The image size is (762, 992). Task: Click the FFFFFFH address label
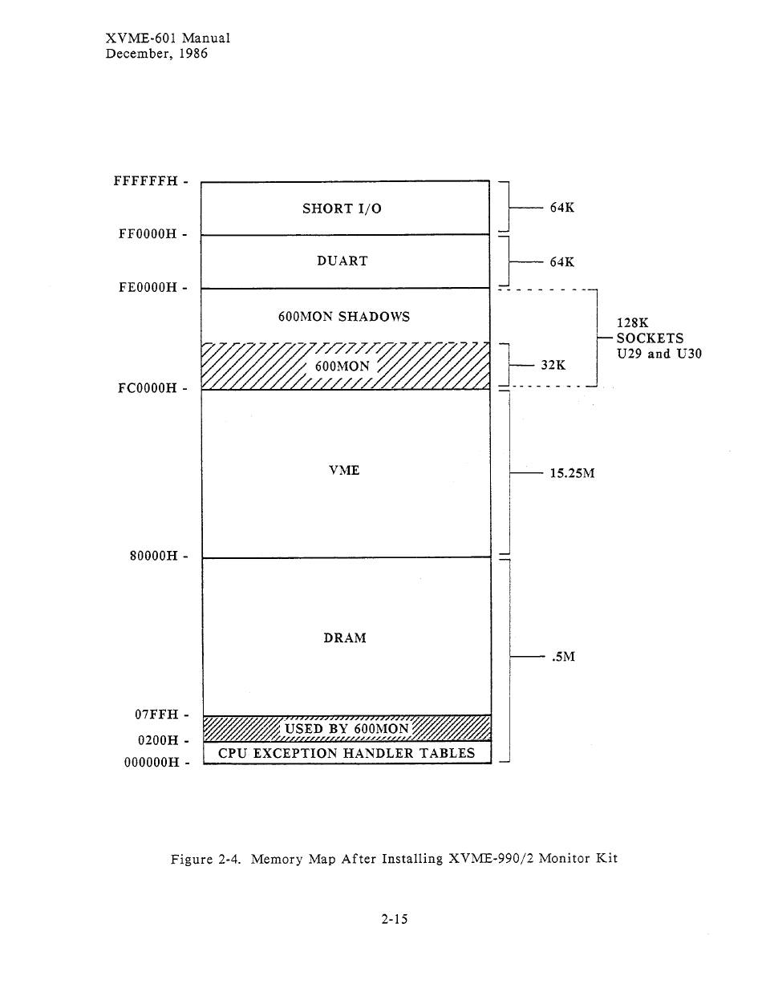pos(145,181)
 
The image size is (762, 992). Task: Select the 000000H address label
pos(151,763)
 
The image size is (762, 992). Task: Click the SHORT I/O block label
pos(342,209)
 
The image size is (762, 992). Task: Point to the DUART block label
pos(342,261)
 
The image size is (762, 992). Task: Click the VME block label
pos(344,471)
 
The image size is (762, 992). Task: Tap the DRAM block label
pos(345,638)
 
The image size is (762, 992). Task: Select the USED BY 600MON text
pos(347,729)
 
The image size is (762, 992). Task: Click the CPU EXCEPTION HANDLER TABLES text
pos(347,753)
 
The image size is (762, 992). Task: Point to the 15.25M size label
pos(572,473)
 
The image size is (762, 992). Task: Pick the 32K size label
pos(553,365)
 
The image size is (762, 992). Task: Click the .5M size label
pos(564,657)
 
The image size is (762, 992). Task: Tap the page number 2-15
pos(395,919)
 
